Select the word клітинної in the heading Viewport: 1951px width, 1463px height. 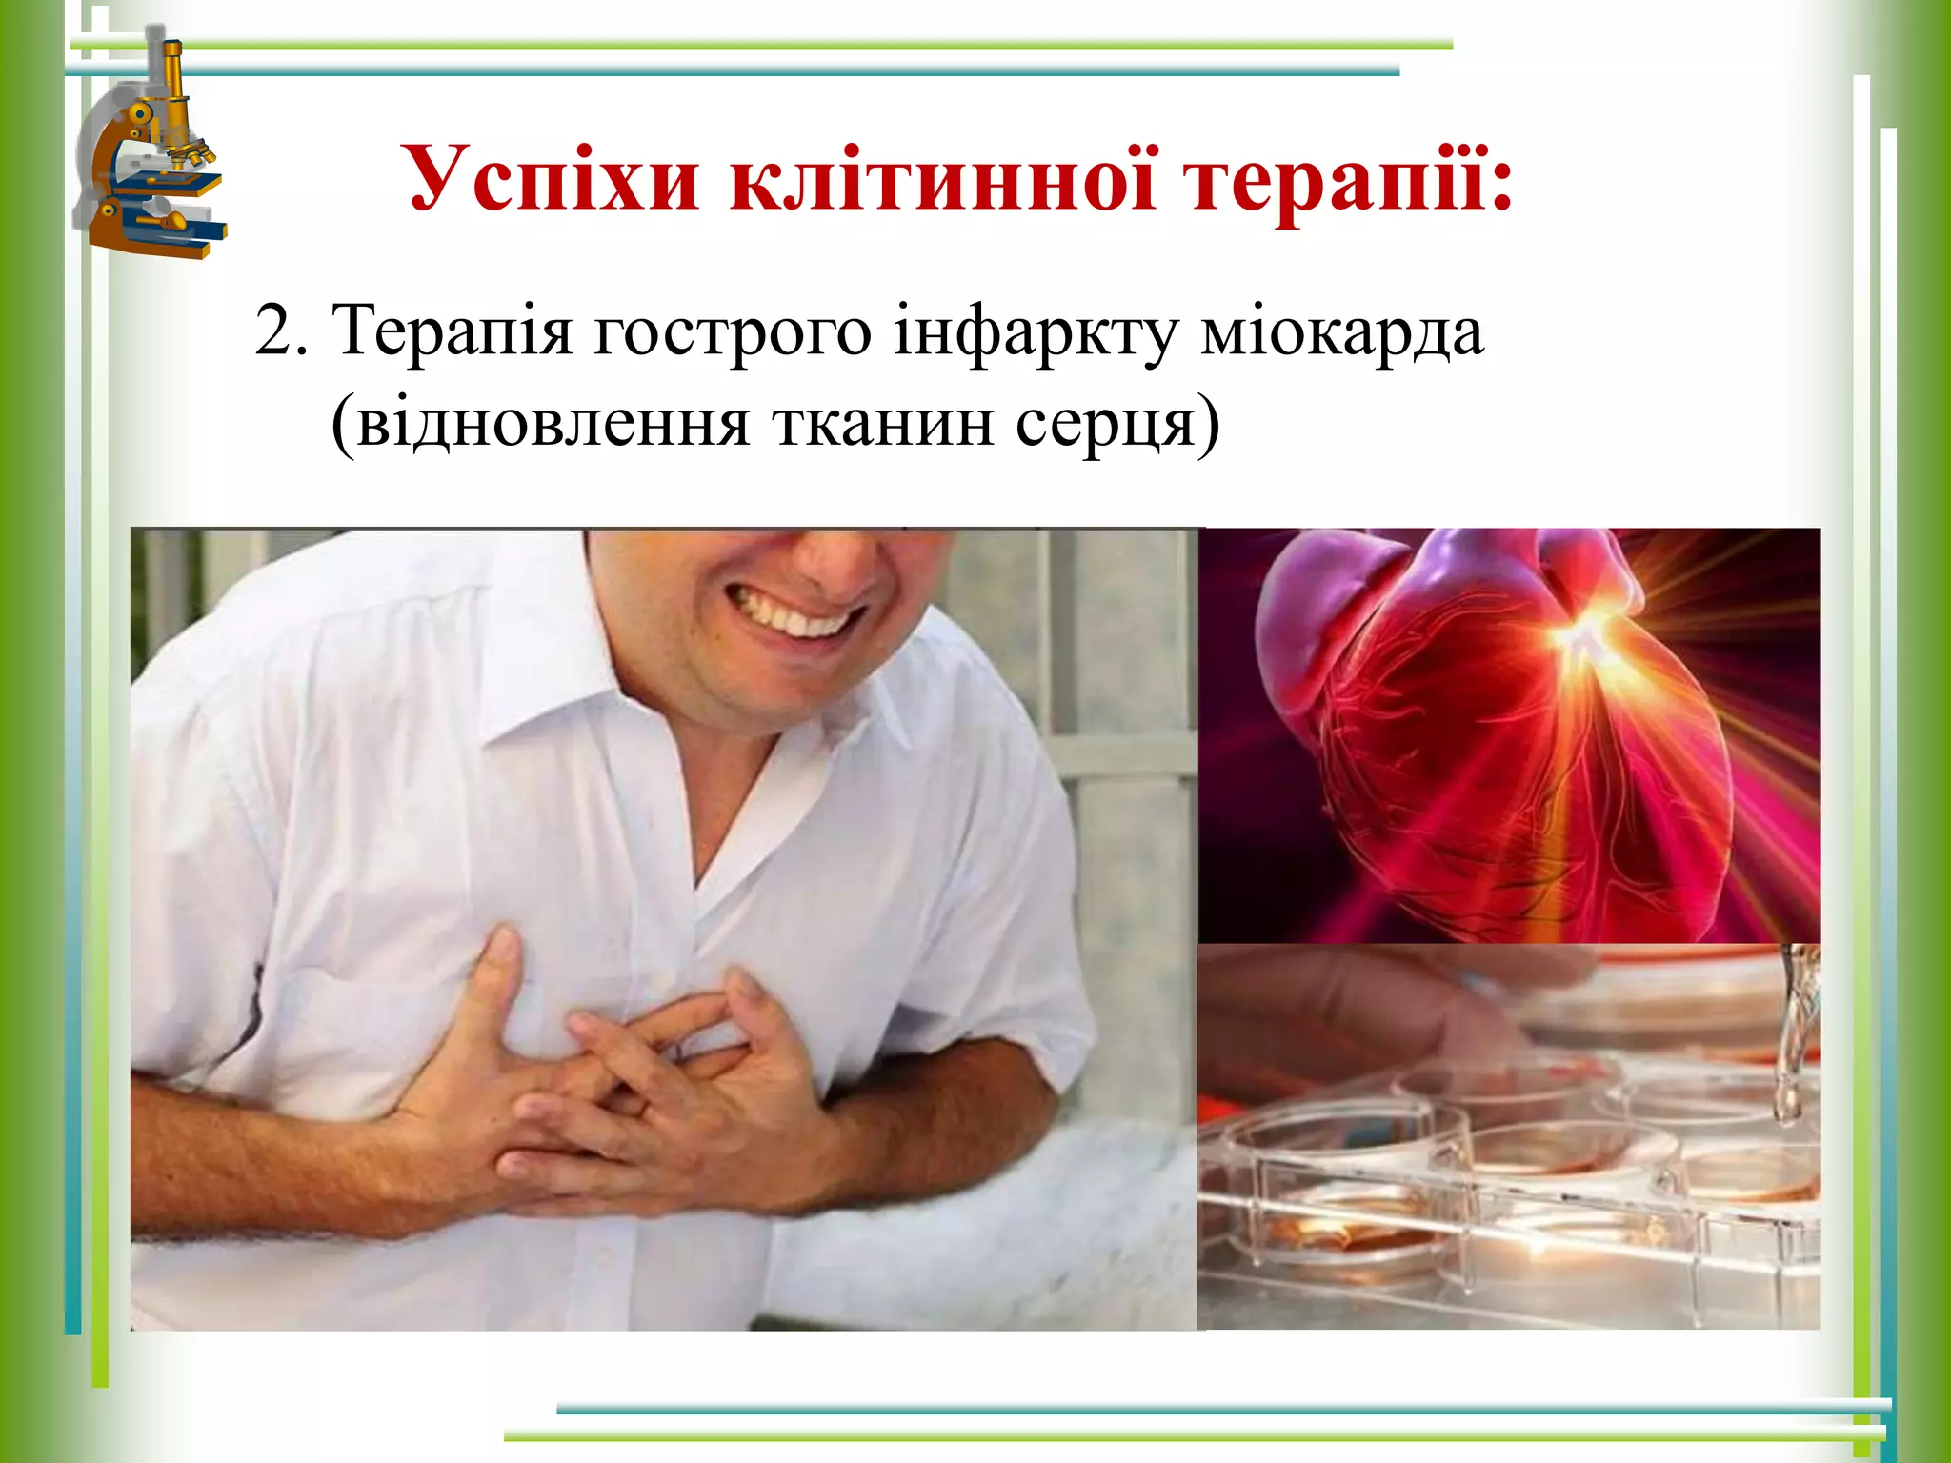943,179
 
